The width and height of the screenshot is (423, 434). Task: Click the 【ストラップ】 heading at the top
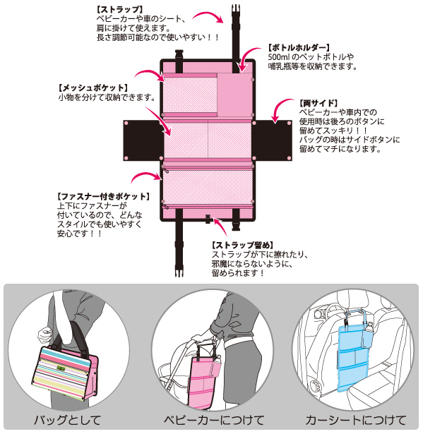(x=119, y=9)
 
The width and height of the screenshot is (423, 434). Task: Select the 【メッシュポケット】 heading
(x=93, y=88)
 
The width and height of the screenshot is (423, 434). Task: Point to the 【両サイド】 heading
(x=318, y=103)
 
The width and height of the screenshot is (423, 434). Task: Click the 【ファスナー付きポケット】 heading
(x=103, y=196)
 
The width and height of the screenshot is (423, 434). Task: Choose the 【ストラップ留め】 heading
(x=243, y=245)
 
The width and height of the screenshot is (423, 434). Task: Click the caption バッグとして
(x=67, y=420)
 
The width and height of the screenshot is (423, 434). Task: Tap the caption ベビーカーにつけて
(x=214, y=420)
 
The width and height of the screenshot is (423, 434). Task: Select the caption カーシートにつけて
(x=356, y=420)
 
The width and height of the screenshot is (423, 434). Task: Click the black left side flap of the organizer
(x=143, y=140)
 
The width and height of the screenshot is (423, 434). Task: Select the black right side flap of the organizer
(x=273, y=140)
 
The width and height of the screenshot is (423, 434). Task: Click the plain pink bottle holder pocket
(x=234, y=95)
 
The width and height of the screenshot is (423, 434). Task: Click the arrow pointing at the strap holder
(x=221, y=227)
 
